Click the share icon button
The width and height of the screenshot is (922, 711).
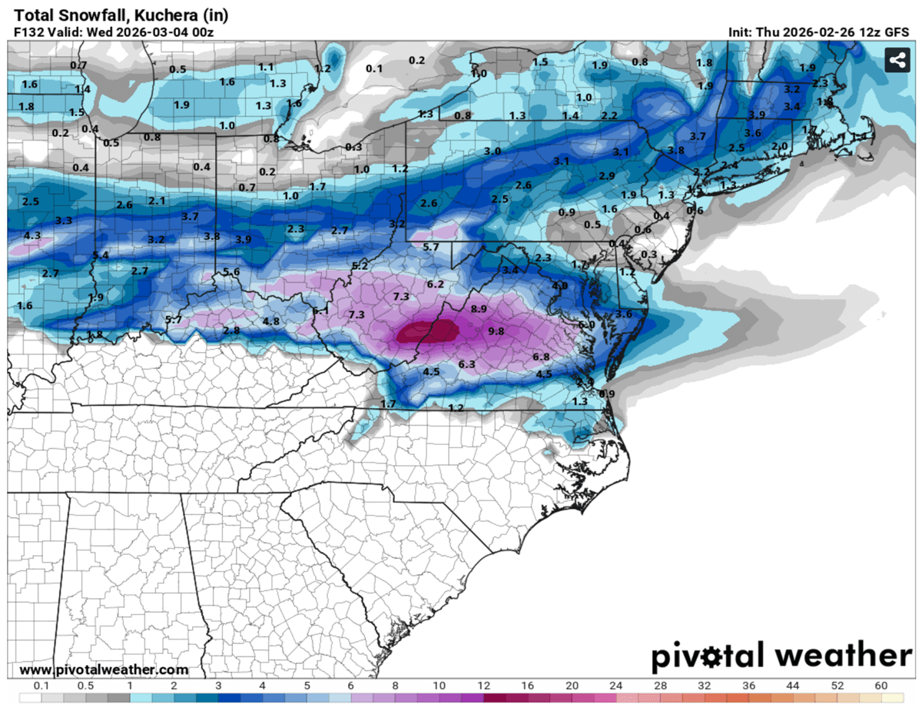tap(897, 60)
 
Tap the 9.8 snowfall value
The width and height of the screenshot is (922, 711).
tap(496, 331)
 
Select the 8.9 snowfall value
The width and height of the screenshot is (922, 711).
tap(479, 309)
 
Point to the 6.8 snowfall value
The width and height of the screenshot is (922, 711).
tap(541, 357)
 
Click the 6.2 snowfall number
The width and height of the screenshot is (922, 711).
tap(436, 284)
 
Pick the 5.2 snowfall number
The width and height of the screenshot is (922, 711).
tap(360, 266)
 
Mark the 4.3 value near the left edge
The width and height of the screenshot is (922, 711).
tap(32, 235)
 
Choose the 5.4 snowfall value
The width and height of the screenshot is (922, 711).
tap(101, 255)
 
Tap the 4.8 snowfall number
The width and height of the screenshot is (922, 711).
tap(271, 321)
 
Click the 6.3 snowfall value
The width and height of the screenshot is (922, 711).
tap(466, 364)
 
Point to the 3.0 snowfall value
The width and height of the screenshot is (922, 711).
tap(492, 151)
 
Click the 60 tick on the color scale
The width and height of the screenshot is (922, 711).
tap(881, 686)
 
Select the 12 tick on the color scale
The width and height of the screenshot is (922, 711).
tap(483, 686)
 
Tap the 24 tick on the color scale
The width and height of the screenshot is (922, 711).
tap(616, 686)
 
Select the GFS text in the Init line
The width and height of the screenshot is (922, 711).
tap(897, 32)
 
